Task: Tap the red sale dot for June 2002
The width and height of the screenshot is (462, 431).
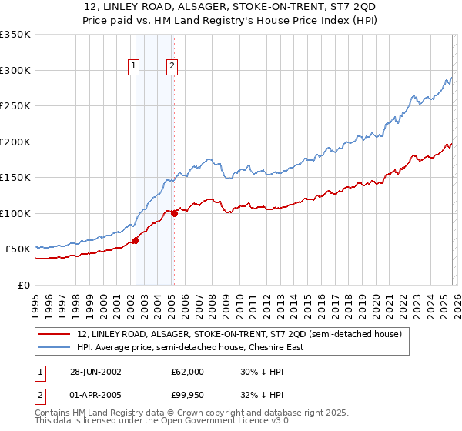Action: (136, 240)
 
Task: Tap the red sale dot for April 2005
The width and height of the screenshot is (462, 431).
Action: (174, 213)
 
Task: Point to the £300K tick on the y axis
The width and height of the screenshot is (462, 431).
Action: (15, 70)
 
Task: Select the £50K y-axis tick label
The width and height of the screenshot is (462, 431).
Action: (18, 249)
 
